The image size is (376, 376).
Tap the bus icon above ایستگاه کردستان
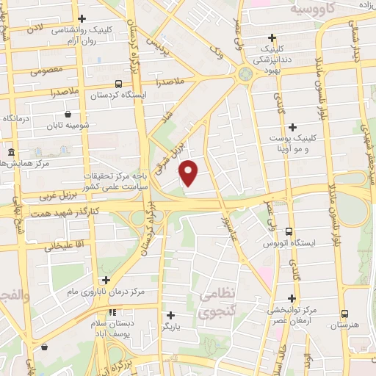click(x=119, y=84)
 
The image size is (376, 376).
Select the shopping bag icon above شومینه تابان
click(x=68, y=114)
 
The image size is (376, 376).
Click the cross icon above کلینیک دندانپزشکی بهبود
click(x=272, y=37)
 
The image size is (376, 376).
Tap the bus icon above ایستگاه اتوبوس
click(x=288, y=231)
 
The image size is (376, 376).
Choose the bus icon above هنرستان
click(x=343, y=312)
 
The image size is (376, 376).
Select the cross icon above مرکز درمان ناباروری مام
click(x=106, y=280)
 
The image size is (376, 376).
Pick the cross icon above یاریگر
click(x=171, y=314)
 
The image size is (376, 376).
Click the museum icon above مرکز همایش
click(x=11, y=152)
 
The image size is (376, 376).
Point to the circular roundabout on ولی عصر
click(x=245, y=73)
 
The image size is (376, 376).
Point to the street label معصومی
click(x=48, y=72)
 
